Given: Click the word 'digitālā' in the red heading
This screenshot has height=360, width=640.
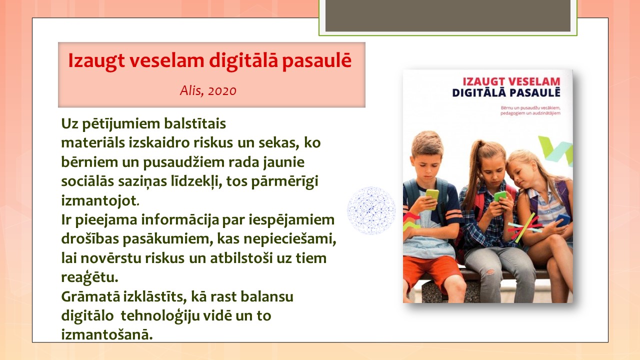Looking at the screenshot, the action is [x=243, y=61].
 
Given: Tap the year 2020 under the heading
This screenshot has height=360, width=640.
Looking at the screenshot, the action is [x=222, y=91].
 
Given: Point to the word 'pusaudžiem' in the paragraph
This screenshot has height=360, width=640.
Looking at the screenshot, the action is [x=183, y=162].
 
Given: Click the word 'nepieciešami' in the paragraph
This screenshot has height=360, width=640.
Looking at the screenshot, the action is [x=289, y=239].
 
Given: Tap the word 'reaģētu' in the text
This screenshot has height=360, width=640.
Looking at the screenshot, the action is [x=89, y=277].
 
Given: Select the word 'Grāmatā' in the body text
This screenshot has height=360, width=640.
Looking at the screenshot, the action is [x=90, y=296].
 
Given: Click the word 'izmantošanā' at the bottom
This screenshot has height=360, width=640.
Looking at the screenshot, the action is [x=107, y=334].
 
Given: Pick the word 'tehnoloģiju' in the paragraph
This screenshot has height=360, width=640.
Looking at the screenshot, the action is [x=160, y=316].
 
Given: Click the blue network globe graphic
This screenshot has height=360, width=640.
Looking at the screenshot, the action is [x=371, y=210].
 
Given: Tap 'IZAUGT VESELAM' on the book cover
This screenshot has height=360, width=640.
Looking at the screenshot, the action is [x=511, y=81].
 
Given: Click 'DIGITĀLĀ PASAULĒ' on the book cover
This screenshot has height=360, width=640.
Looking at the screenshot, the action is [x=506, y=93].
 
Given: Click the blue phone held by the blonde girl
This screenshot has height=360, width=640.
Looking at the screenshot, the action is [x=563, y=220].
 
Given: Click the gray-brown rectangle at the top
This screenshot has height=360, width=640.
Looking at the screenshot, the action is [x=448, y=15].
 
